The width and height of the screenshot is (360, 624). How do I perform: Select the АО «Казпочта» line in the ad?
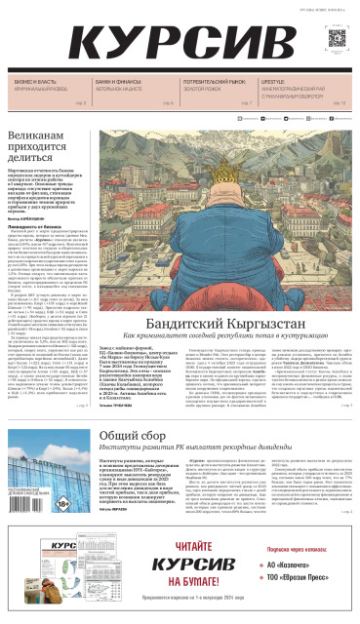tap(293, 564)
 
